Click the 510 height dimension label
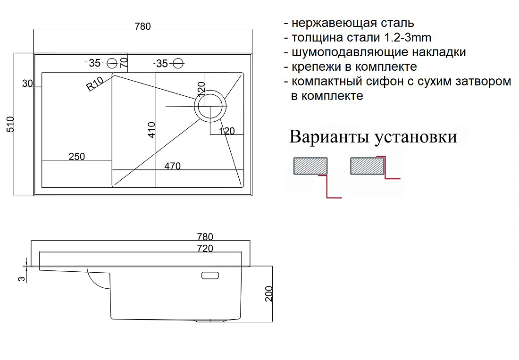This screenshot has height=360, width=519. point(10,125)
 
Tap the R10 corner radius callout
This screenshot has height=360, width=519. point(95,84)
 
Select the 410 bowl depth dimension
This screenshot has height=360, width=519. point(151,130)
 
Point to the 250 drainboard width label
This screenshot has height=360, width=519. point(77,156)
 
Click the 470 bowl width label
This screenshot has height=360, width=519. point(172,166)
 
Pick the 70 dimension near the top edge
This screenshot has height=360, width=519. point(124,63)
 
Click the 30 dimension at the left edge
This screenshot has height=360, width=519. point(27,84)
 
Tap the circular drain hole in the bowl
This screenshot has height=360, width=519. point(210,106)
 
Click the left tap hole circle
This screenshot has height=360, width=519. point(113,63)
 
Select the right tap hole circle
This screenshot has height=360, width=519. point(178,63)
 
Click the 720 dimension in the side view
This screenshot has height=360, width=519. point(205,248)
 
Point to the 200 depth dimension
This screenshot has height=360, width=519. point(269,294)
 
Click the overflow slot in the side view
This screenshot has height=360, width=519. point(210,275)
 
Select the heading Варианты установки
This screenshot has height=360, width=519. point(373,137)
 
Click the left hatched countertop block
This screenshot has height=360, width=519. point(310,166)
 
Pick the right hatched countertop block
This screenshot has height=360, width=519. point(367,166)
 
